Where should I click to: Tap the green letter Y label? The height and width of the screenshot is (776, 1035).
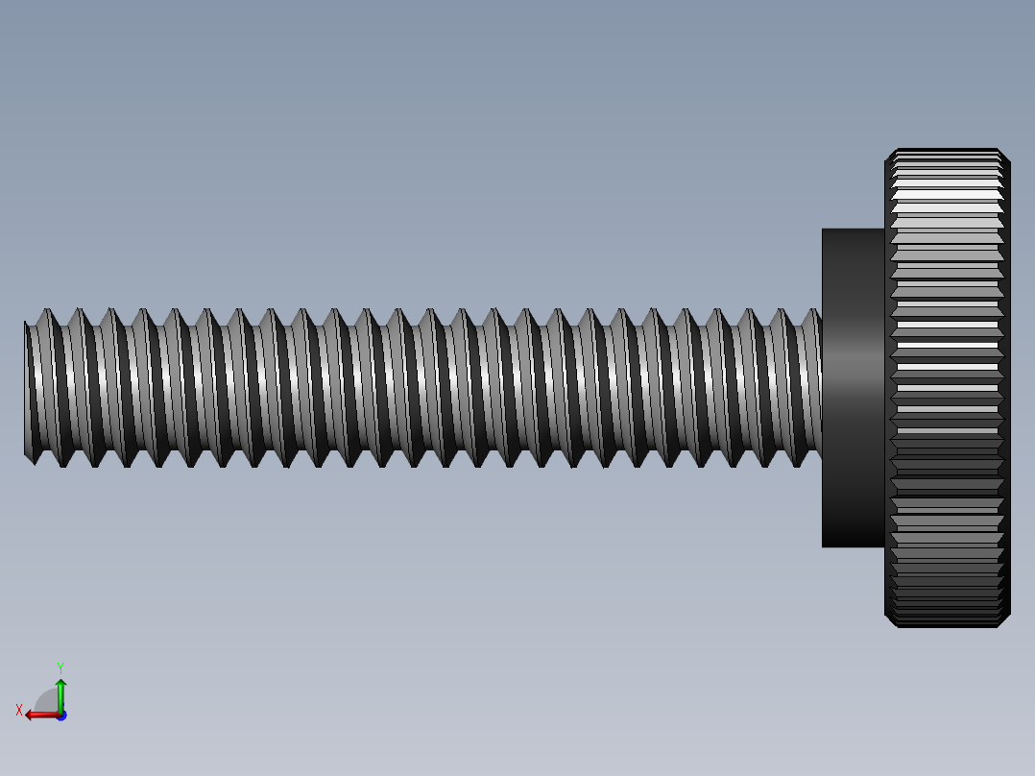(x=60, y=667)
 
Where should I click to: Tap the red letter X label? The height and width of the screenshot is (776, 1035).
(x=19, y=711)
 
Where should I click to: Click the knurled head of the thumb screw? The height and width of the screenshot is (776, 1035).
(x=947, y=388)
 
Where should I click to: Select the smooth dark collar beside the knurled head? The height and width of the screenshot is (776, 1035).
(x=853, y=388)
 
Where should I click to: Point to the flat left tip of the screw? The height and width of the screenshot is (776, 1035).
(x=26, y=388)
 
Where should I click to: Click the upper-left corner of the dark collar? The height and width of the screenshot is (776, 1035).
(x=823, y=230)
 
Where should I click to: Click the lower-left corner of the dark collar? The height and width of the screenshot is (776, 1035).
(x=823, y=546)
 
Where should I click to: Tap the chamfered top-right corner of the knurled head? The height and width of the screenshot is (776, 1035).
(x=1004, y=155)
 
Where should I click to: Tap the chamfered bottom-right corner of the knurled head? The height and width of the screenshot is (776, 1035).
(x=1004, y=621)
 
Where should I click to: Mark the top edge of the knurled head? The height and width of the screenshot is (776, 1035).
(x=947, y=150)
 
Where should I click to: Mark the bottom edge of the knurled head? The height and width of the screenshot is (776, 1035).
(x=947, y=626)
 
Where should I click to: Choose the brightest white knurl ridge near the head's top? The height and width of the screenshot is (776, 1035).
(x=947, y=194)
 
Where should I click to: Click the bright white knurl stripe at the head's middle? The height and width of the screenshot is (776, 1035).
(x=947, y=343)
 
